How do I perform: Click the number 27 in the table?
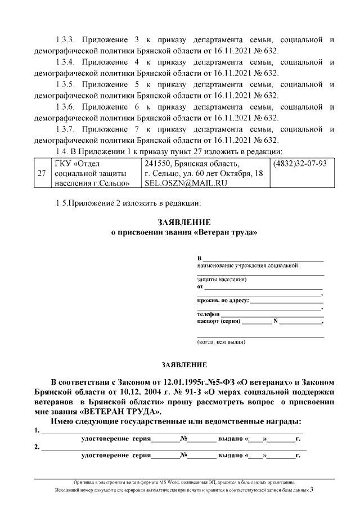pyautogui.click(x=41, y=174)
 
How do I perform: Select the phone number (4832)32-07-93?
pyautogui.click(x=300, y=164)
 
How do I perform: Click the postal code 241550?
pyautogui.click(x=157, y=164)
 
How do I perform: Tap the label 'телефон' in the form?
pyautogui.click(x=208, y=313)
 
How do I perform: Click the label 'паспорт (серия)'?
pyautogui.click(x=218, y=321)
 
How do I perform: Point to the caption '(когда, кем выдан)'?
pyautogui.click(x=220, y=342)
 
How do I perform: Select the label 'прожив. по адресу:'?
pyautogui.click(x=223, y=300)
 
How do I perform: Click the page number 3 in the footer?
pyautogui.click(x=311, y=490)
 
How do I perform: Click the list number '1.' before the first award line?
pyautogui.click(x=37, y=431)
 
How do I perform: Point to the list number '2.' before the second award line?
pyautogui.click(x=37, y=448)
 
